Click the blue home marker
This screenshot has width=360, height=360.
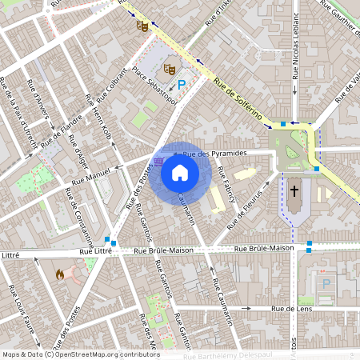click(x=180, y=172)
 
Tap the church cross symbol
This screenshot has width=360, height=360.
click(x=294, y=191)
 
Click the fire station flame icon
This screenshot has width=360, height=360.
click(x=60, y=274)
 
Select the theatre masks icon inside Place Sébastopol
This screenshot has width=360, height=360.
click(x=169, y=69)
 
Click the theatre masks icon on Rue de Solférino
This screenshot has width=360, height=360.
click(x=142, y=26)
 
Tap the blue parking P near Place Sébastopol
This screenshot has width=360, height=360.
click(x=182, y=83)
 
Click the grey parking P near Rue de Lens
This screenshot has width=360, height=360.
click(x=326, y=283)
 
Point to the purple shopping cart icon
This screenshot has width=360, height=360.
click(x=158, y=160)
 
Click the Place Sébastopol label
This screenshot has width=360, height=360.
click(x=154, y=83)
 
